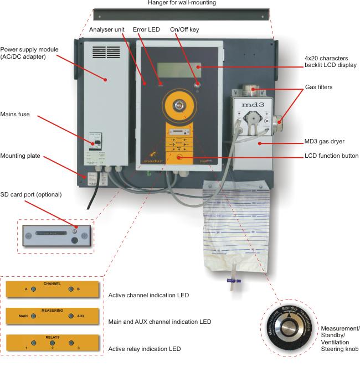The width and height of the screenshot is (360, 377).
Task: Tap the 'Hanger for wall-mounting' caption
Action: pyautogui.click(x=182, y=3)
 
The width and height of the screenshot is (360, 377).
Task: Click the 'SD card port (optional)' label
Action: pyautogui.click(x=30, y=194)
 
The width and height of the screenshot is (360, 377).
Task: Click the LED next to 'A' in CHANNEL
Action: pyautogui.click(x=34, y=289)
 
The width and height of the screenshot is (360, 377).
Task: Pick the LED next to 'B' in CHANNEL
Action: pyautogui.click(x=70, y=289)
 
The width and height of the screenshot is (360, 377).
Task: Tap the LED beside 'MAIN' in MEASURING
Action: pyautogui.click(x=34, y=316)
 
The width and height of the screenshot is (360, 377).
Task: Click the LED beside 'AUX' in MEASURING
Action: pyautogui.click(x=70, y=316)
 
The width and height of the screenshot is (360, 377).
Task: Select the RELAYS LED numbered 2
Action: pyautogui.click(x=52, y=343)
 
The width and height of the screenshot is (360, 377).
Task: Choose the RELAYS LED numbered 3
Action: pyautogui.click(x=71, y=343)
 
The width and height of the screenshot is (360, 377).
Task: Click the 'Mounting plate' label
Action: pyautogui.click(x=20, y=156)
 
